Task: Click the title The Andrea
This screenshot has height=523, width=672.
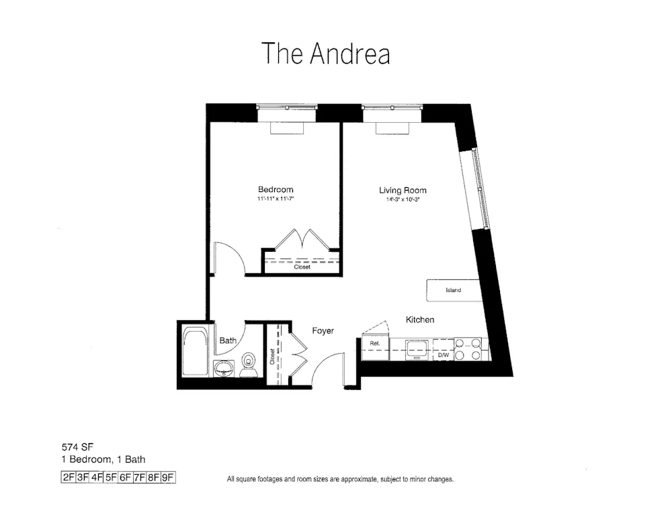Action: click(326, 54)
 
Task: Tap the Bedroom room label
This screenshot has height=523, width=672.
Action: click(276, 190)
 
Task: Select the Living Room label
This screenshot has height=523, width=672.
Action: click(403, 191)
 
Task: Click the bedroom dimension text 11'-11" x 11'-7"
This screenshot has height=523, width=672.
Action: click(276, 199)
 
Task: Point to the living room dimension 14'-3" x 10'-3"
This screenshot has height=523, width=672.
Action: click(403, 199)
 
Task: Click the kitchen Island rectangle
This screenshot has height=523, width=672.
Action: click(454, 291)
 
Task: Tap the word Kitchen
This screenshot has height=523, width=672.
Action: click(420, 320)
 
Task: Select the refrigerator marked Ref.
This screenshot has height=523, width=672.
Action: click(375, 344)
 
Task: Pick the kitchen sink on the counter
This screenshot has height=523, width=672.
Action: click(417, 348)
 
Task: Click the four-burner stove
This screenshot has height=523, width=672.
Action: click(468, 348)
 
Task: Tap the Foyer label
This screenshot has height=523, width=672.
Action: click(323, 331)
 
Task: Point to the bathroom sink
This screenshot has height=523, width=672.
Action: click(224, 369)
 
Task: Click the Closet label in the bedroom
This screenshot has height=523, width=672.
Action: click(302, 267)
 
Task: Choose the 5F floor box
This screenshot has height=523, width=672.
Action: click(111, 478)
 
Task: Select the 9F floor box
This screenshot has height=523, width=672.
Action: click(168, 478)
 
